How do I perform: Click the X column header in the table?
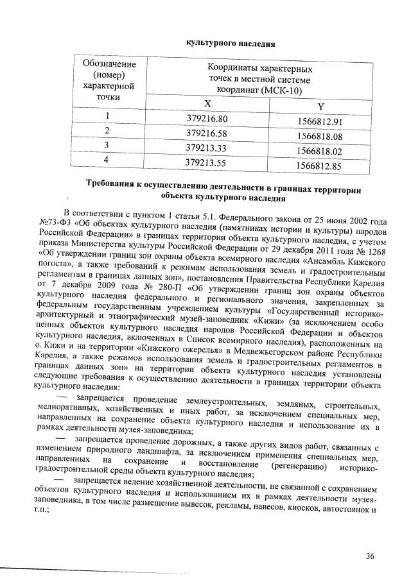pos(207,103)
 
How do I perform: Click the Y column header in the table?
pos(320,106)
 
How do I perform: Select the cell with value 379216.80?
pos(207,119)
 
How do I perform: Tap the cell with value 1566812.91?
pos(322,122)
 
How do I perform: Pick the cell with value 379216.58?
pos(207,133)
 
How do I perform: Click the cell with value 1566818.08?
pos(322,137)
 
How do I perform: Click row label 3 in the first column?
pos(108,146)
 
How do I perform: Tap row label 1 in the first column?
pos(108,116)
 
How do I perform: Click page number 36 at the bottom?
pos(370,556)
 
